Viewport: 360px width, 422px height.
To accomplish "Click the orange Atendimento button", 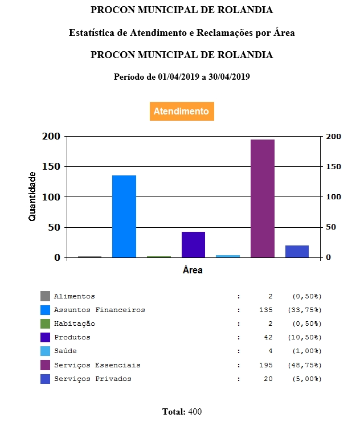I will pyautogui.click(x=181, y=112).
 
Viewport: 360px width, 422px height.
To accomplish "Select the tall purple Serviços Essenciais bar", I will pyautogui.click(x=262, y=198).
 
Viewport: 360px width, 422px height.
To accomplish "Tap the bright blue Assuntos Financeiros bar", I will pyautogui.click(x=124, y=216).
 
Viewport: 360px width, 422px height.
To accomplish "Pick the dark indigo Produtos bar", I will pyautogui.click(x=193, y=244).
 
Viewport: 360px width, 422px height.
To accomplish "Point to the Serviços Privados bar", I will pyautogui.click(x=297, y=251).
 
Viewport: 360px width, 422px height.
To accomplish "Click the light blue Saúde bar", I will pyautogui.click(x=228, y=256).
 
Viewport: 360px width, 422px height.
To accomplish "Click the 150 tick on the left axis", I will pyautogui.click(x=51, y=167).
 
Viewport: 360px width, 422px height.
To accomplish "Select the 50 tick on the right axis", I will pyautogui.click(x=332, y=227).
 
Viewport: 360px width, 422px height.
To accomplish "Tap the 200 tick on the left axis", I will pyautogui.click(x=51, y=137).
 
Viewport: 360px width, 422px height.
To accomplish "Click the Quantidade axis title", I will pyautogui.click(x=32, y=196).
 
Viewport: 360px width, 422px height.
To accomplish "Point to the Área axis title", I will pyautogui.click(x=193, y=271).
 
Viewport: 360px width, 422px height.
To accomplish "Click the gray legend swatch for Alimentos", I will pyautogui.click(x=45, y=296).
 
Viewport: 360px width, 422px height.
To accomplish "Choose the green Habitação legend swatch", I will pyautogui.click(x=45, y=323).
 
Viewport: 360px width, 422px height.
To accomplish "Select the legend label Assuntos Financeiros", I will pyautogui.click(x=99, y=310).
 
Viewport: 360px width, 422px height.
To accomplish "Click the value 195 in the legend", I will pyautogui.click(x=265, y=364).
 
